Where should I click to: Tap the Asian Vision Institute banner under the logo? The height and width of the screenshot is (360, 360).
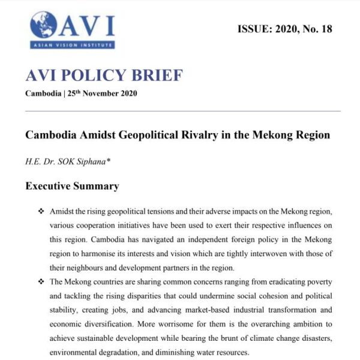(72, 44)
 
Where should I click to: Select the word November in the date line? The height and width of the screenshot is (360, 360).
(104, 94)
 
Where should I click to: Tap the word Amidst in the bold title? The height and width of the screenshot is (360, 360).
(97, 134)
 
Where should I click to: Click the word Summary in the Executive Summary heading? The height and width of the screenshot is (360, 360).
(95, 186)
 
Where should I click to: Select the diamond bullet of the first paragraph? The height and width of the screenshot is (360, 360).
(41, 212)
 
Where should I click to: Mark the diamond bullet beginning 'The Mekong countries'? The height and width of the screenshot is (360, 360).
(41, 281)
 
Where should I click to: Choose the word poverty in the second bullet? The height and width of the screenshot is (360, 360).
(317, 282)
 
